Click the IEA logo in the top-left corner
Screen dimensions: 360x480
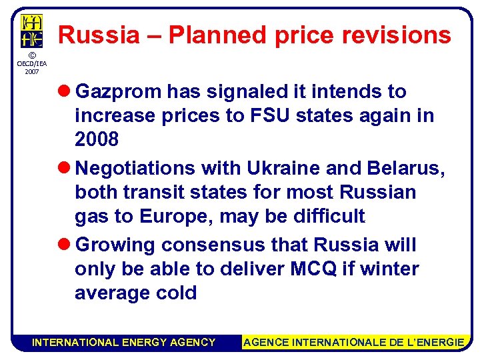point(31,31)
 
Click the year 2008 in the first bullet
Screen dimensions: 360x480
point(97,139)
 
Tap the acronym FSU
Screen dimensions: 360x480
point(272,115)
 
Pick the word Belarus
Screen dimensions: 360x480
point(409,169)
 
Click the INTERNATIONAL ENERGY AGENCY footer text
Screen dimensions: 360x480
point(124,342)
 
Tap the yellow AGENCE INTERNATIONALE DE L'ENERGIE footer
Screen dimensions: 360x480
point(353,342)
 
